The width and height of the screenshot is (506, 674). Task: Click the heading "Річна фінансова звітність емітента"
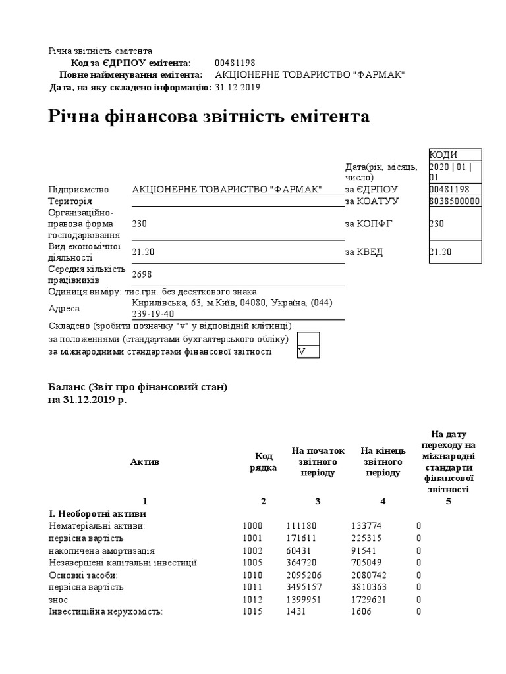click(210, 117)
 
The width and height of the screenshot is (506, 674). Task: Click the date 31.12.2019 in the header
click(237, 87)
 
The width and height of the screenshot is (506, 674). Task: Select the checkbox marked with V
click(308, 352)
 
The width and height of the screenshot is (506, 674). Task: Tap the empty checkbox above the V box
click(308, 339)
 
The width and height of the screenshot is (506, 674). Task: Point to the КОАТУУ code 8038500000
click(455, 201)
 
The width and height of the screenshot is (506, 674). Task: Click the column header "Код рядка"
click(263, 461)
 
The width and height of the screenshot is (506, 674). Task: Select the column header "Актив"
click(145, 461)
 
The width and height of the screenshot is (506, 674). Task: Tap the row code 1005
click(252, 563)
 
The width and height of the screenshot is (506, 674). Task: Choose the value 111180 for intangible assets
click(302, 526)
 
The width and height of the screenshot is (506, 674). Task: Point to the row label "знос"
click(59, 600)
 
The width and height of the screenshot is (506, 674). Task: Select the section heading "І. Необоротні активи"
click(98, 513)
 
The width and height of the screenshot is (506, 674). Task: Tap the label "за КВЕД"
click(364, 252)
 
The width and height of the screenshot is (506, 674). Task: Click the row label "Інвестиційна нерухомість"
click(106, 611)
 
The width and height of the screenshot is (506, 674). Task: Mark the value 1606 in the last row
click(362, 611)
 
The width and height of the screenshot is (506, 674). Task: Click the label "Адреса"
click(64, 309)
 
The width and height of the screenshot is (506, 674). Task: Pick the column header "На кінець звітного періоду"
click(382, 461)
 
